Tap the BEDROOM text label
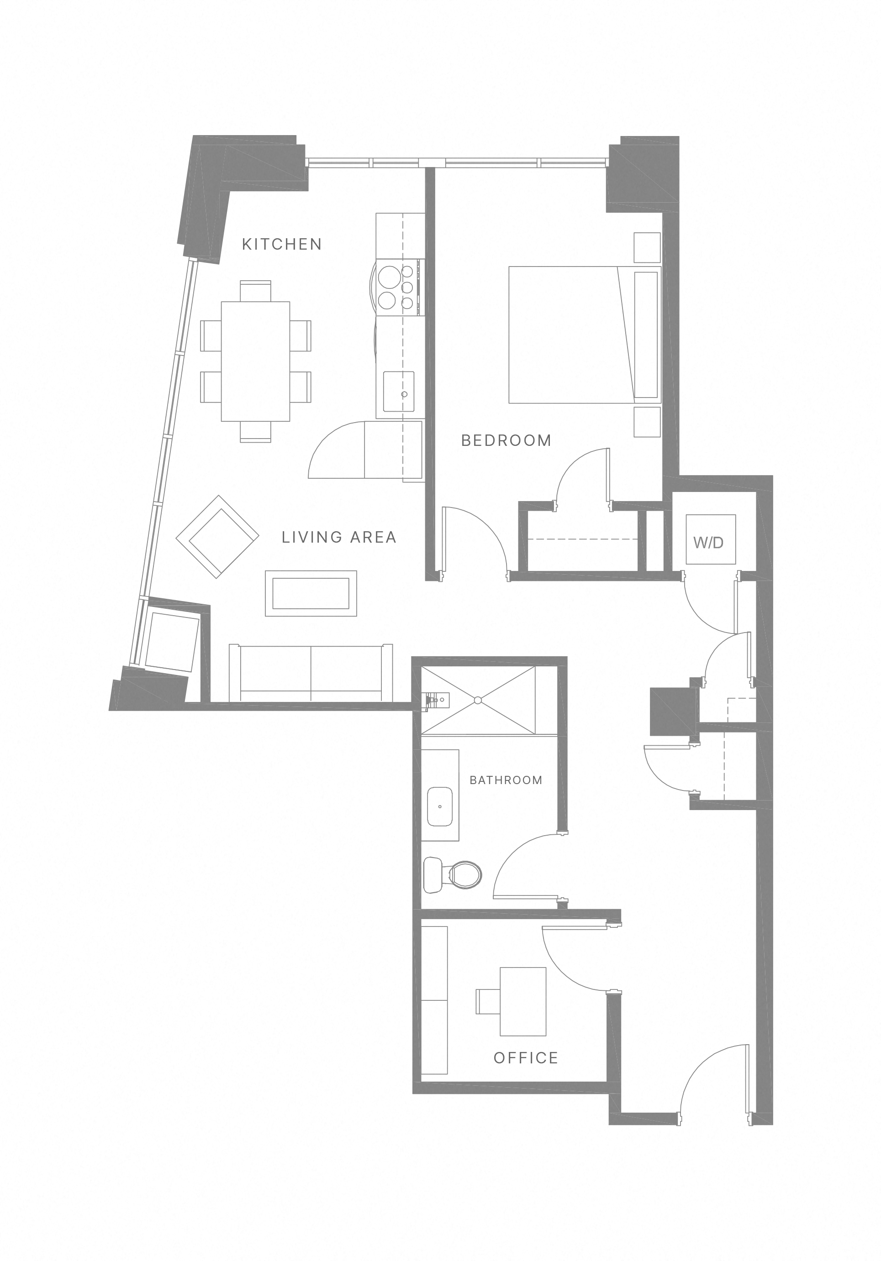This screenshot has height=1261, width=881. coord(506,440)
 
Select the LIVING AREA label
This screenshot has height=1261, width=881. coord(338,537)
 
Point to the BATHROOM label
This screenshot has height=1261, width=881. coord(506,780)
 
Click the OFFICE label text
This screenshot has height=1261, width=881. coord(525,1058)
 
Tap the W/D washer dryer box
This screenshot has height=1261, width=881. coord(710,539)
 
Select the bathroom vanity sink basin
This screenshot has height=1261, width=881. coord(440,806)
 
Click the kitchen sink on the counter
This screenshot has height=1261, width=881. coord(398,391)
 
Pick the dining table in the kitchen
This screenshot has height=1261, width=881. coord(256,361)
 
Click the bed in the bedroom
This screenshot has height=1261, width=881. coord(583,335)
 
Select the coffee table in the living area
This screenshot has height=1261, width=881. coord(311,593)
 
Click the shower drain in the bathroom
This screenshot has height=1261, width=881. coord(478,700)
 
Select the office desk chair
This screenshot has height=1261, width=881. coord(487,1001)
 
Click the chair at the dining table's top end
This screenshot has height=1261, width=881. coord(256,289)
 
